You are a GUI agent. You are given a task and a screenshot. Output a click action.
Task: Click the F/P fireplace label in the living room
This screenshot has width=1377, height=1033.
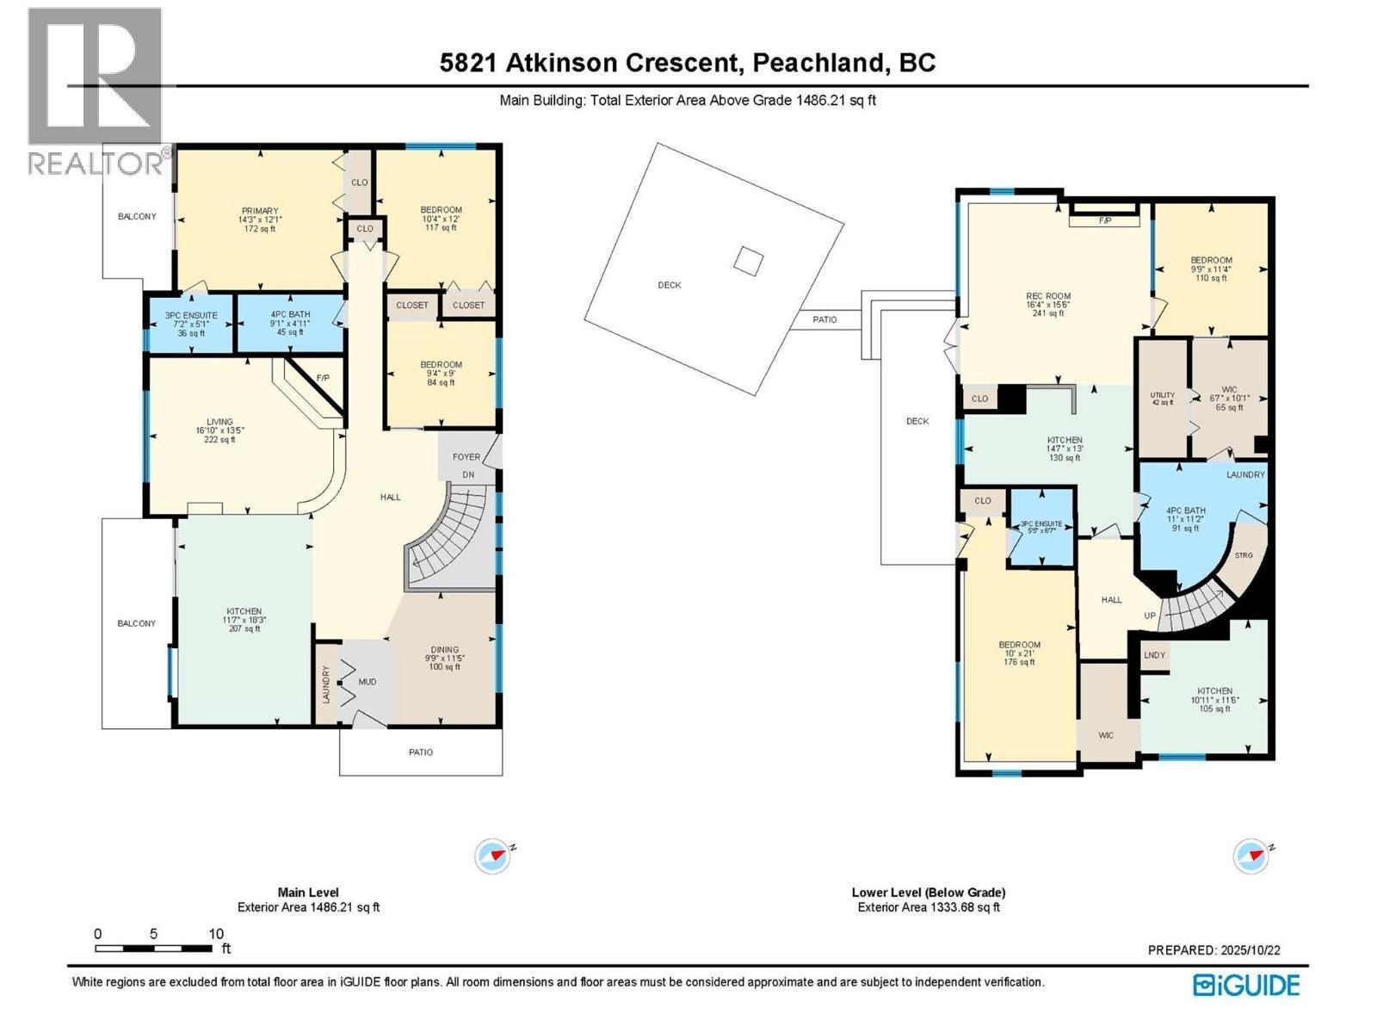(x=323, y=378)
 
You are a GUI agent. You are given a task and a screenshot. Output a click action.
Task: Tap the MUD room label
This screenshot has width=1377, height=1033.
(x=367, y=682)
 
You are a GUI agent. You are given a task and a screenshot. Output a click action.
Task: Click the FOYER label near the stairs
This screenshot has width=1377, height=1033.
(x=466, y=457)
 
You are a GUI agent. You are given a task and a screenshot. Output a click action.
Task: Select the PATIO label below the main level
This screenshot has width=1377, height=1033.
(x=421, y=752)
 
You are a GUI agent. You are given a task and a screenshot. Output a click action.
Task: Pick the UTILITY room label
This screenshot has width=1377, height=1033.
(x=1162, y=396)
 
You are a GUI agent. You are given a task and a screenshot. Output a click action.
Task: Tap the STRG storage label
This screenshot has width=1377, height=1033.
(x=1243, y=555)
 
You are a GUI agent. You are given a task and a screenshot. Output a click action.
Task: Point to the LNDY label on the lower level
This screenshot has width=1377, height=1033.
(x=1154, y=655)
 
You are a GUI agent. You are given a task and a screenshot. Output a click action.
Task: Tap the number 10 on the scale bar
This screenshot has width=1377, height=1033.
(x=216, y=934)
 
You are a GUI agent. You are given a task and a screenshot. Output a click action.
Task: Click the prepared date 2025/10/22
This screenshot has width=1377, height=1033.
(x=1250, y=950)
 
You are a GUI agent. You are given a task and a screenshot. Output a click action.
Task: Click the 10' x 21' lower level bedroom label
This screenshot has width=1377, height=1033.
(x=1019, y=653)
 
